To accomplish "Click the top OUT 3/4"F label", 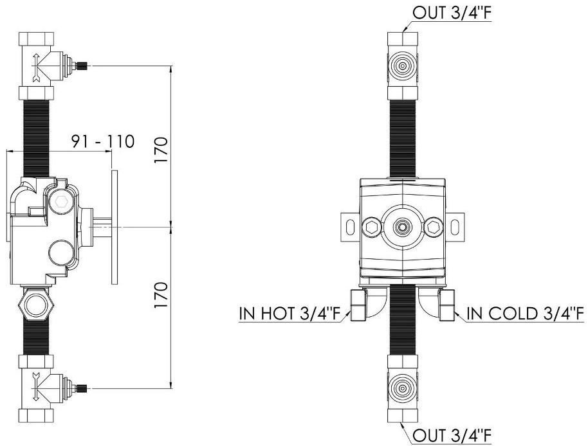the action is point(452,12).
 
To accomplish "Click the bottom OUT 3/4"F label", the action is point(452,436).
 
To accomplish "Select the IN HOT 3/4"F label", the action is point(289,314).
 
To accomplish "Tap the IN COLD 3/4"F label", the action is point(525,314).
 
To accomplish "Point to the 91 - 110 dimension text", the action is point(103,141).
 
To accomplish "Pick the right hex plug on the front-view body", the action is point(434,227).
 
